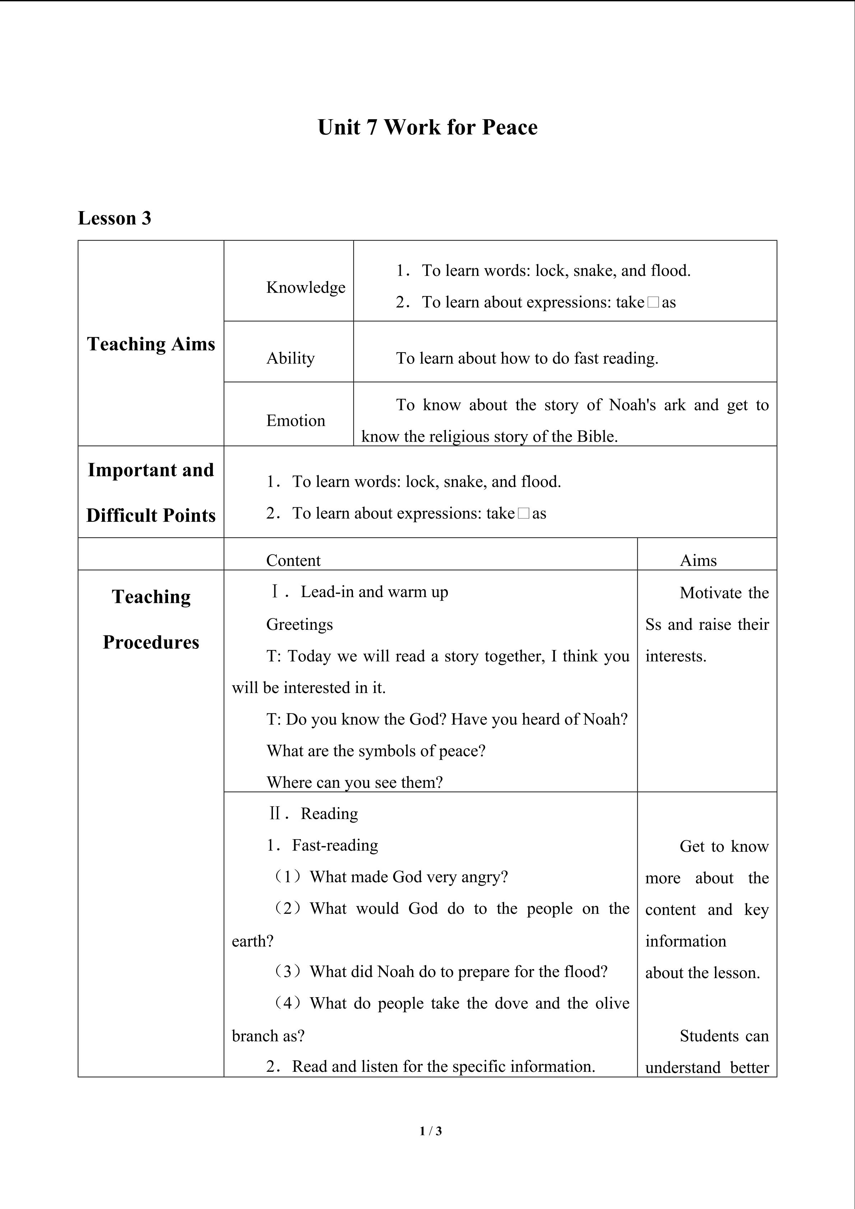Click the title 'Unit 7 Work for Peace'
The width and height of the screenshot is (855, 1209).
[x=427, y=127]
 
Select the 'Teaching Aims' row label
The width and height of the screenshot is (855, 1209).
[x=151, y=344]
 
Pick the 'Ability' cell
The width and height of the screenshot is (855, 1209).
[x=291, y=358]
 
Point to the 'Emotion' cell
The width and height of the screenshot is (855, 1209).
[x=296, y=420]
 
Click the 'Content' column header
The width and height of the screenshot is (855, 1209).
[x=293, y=560]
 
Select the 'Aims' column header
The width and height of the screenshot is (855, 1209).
[x=698, y=560]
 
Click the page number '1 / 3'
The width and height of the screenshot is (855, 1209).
[x=431, y=1130]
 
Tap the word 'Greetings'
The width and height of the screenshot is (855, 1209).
[x=299, y=624]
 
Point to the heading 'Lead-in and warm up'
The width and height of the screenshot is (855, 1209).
[x=374, y=592]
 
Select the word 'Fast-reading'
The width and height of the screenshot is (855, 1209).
[x=335, y=845]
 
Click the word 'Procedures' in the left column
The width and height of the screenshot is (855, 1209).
[x=151, y=642]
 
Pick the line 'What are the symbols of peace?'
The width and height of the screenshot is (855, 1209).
[x=376, y=750]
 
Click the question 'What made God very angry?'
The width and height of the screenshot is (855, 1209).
[x=409, y=877]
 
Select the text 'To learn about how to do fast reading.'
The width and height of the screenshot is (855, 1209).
[x=527, y=358]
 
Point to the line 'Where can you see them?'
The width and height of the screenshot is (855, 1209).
[x=354, y=782]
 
